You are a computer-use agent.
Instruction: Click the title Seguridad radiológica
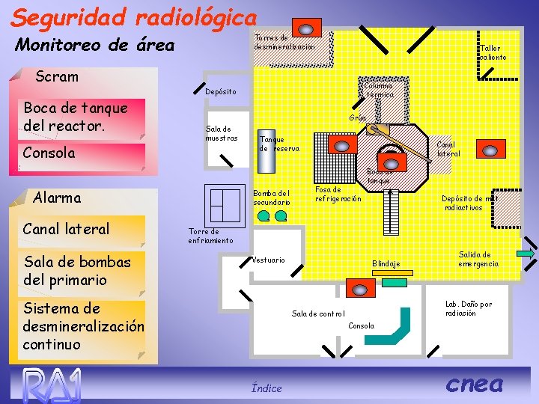[x=135, y=16]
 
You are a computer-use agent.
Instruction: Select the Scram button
[x=57, y=76]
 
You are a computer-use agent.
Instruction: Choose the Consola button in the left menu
[x=49, y=153]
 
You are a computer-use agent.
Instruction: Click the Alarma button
[x=57, y=198]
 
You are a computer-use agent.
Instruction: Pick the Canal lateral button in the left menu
[x=66, y=229]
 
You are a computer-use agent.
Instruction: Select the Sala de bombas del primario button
[x=77, y=271]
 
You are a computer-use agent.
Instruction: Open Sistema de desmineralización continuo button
[x=83, y=326]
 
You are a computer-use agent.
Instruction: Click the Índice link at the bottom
[x=267, y=388]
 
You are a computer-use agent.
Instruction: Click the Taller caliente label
[x=493, y=52]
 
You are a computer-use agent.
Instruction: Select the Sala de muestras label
[x=222, y=133]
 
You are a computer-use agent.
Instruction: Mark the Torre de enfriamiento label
[x=210, y=236]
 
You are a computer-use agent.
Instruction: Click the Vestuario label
[x=269, y=260]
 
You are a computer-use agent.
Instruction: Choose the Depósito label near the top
[x=220, y=91]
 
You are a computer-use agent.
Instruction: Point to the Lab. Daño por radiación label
[x=469, y=308]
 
